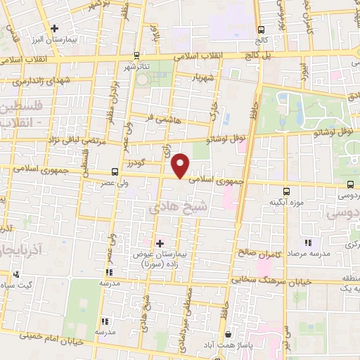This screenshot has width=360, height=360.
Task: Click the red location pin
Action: coord(181,166)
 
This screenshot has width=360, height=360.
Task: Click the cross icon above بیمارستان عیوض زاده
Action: coord(160,243)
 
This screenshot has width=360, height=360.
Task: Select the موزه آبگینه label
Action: coord(287,202)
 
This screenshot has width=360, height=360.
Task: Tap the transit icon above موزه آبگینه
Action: coord(286,191)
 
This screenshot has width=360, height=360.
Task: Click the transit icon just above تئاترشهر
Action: coord(136,56)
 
